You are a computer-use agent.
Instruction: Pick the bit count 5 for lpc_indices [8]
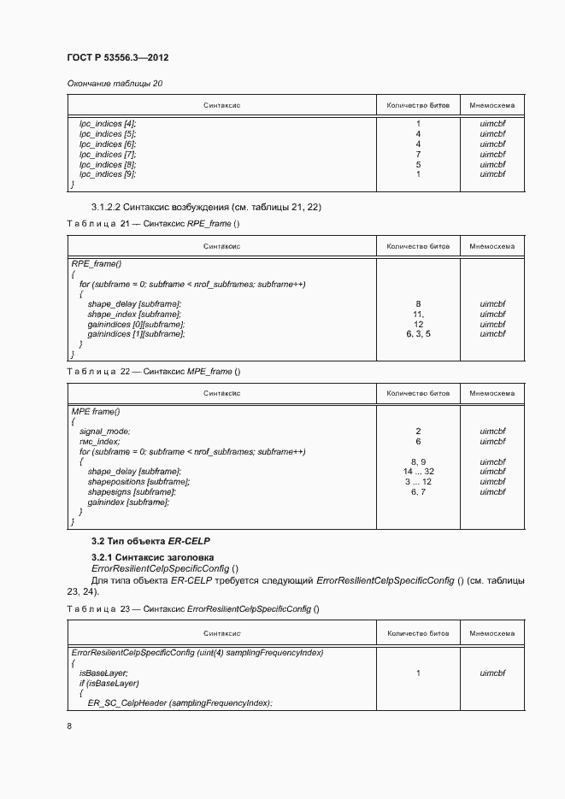418,165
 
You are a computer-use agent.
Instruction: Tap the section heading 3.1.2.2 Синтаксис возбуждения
206,208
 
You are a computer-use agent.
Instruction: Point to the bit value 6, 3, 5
418,335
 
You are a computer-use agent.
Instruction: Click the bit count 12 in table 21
418,325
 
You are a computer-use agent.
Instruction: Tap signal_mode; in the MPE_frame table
105,432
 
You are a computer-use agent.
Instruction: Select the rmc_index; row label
100,442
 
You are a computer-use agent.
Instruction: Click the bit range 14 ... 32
418,472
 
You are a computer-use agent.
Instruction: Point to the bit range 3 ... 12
418,482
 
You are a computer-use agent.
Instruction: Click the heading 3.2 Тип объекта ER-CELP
150,542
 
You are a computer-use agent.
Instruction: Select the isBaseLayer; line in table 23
103,673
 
